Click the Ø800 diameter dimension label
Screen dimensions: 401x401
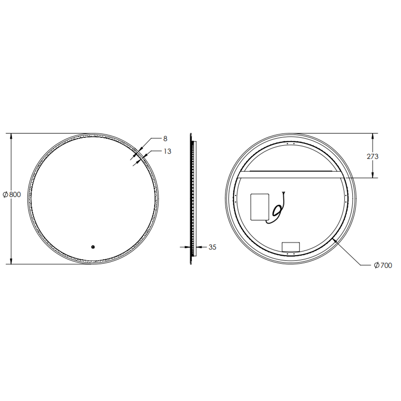tap(12, 194)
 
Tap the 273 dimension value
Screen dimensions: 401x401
tap(372, 156)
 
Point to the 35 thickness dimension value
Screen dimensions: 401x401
tap(212, 247)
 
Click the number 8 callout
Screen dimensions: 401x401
tap(165, 138)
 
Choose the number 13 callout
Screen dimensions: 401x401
tap(167, 151)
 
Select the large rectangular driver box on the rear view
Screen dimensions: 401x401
tap(260, 207)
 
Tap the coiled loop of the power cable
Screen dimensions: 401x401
tap(277, 211)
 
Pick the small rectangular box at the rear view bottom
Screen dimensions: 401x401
tap(290, 246)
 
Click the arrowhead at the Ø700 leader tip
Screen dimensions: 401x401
tap(335, 241)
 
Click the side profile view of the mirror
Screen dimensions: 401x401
tap(193, 199)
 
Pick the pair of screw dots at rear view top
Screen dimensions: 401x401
tap(291, 143)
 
